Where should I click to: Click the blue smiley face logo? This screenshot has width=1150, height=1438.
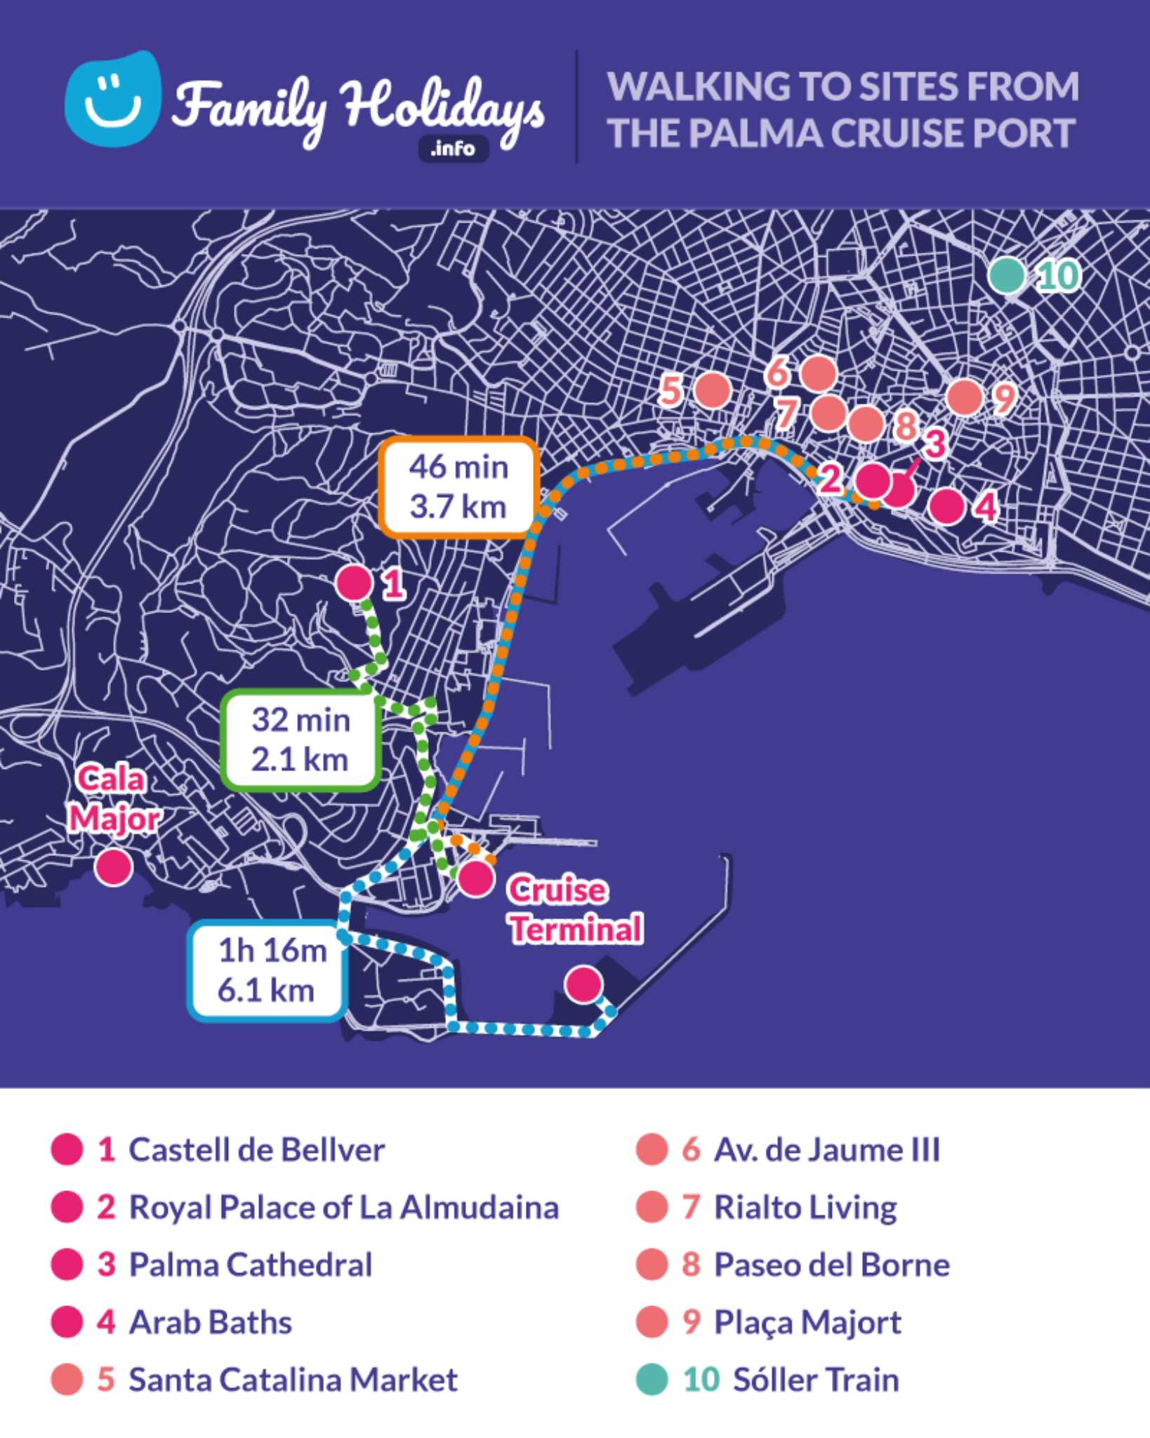coord(112,100)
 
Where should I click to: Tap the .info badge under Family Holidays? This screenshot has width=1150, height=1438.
coord(453,149)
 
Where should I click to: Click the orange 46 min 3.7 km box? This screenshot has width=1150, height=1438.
coord(458,487)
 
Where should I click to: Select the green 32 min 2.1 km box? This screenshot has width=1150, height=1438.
coord(301,740)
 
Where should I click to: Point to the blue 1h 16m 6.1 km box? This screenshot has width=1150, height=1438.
coord(267,970)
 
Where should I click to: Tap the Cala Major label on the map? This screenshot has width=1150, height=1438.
coord(114,800)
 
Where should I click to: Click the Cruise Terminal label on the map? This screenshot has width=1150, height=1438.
coord(574,910)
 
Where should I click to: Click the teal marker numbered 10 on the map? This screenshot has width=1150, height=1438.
coord(1007,275)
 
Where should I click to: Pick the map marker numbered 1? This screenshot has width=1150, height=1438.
coord(354,583)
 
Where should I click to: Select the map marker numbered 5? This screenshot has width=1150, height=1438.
coord(712,390)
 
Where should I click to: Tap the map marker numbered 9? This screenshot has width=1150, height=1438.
coord(965,397)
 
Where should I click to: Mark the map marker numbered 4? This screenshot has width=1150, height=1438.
coord(946,506)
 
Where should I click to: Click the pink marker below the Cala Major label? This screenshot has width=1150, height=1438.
coord(114,867)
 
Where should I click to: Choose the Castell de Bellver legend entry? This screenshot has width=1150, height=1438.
coord(256,1150)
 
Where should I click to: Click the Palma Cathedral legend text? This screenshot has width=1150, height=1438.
coord(250,1265)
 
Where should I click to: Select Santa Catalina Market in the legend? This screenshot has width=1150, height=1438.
coord(293,1380)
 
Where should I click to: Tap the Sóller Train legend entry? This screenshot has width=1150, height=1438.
coord(815,1380)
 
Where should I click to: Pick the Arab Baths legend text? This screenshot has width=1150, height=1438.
coord(210,1322)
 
